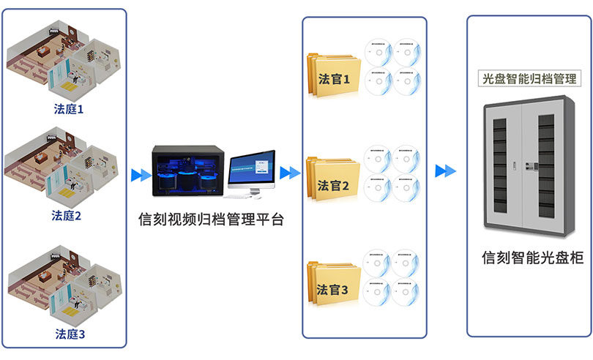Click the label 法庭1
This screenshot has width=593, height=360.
click(x=69, y=109)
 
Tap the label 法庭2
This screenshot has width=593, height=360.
click(x=66, y=215)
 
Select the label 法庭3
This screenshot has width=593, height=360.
click(x=70, y=334)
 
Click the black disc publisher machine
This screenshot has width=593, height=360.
click(x=186, y=170)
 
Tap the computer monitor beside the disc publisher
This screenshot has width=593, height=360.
click(x=250, y=170)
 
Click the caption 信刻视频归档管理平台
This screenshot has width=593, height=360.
click(x=210, y=219)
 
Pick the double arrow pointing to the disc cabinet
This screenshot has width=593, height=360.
click(x=444, y=171)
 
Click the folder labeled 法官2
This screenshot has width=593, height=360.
click(x=334, y=179)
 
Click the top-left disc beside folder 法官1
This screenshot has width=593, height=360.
click(x=378, y=53)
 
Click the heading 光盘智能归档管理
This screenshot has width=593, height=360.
click(x=527, y=78)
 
